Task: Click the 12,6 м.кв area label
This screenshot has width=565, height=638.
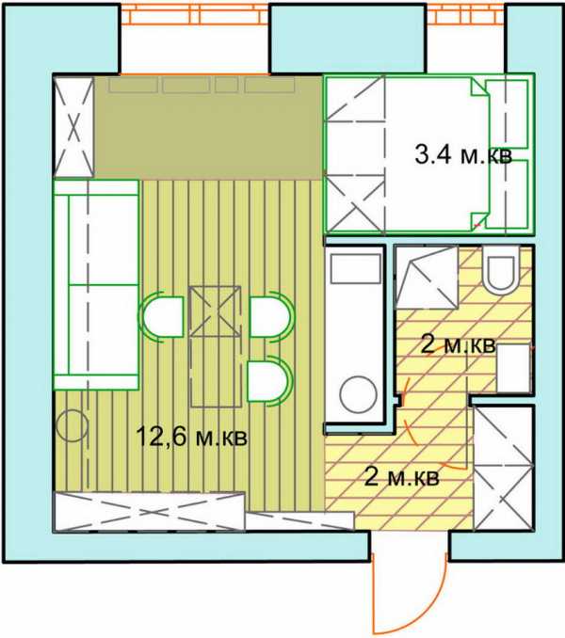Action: click(191, 437)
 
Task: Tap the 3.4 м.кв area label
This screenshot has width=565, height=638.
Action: click(463, 154)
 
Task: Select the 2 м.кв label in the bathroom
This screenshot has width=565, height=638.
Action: click(459, 345)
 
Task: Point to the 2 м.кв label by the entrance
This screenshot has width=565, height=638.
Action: click(402, 477)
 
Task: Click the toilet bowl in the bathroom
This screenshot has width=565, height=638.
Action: click(501, 269)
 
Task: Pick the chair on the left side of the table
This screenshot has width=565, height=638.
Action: click(162, 316)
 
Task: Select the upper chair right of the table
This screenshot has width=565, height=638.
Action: click(270, 316)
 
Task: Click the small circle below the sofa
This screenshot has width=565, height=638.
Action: click(73, 426)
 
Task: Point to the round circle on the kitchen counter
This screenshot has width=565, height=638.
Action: click(359, 394)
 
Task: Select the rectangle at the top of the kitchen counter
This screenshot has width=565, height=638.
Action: click(356, 268)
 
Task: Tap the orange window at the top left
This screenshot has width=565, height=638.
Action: click(195, 15)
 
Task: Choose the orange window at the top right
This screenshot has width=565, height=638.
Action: click(466, 15)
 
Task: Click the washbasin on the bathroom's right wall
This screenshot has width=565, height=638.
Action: click(514, 368)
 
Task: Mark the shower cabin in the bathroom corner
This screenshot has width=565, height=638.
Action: click(427, 278)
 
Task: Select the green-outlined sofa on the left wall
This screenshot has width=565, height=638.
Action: click(97, 284)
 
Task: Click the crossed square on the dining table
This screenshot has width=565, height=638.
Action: click(215, 311)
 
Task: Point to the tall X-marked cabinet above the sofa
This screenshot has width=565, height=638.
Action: click(74, 127)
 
